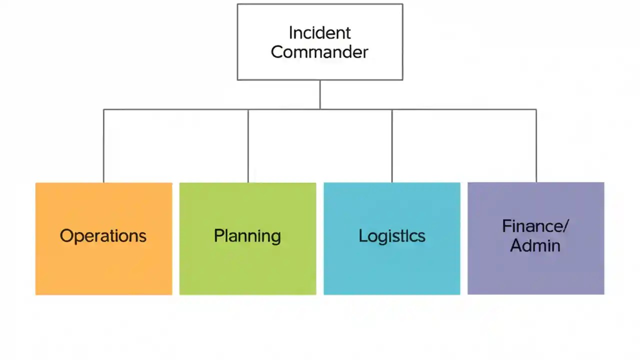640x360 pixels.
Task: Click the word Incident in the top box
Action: coord(319,33)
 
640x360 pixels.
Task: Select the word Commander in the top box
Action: coord(319,52)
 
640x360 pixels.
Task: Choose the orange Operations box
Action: coord(103,265)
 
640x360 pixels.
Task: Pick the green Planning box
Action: coord(247,265)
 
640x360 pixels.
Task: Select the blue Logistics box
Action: coord(391,265)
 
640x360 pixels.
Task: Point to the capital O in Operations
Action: coord(66,236)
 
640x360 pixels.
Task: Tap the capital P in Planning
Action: coord(218,236)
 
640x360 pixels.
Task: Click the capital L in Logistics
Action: coord(362,236)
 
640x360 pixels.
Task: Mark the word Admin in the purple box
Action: coord(535,245)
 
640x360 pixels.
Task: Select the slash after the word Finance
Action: coord(565,226)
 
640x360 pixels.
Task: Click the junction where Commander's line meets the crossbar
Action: coord(320,109)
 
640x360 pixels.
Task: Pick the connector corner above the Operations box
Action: coord(103,109)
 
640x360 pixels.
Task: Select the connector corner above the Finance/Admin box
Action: coord(536,109)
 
